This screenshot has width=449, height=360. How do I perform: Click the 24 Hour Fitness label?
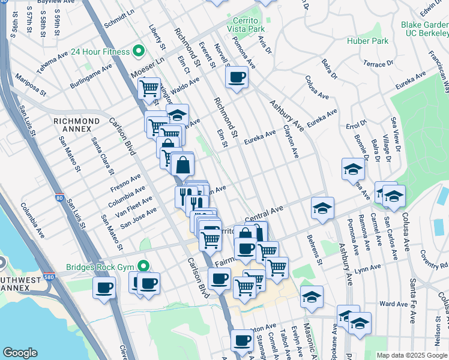point(100,52)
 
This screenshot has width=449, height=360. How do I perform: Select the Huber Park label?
point(367,41)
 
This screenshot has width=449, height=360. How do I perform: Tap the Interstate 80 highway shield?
point(58,196)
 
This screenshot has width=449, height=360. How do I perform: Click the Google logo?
point(20,353)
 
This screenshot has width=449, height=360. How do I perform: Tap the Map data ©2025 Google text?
point(411,355)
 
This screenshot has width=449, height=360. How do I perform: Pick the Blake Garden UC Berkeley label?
point(424,29)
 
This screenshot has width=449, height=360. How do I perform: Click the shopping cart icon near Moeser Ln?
point(149,89)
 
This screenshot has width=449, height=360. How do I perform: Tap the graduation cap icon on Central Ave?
point(322,209)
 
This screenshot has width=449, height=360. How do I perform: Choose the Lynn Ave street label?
point(369,268)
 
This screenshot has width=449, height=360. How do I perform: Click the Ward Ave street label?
point(394,304)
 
